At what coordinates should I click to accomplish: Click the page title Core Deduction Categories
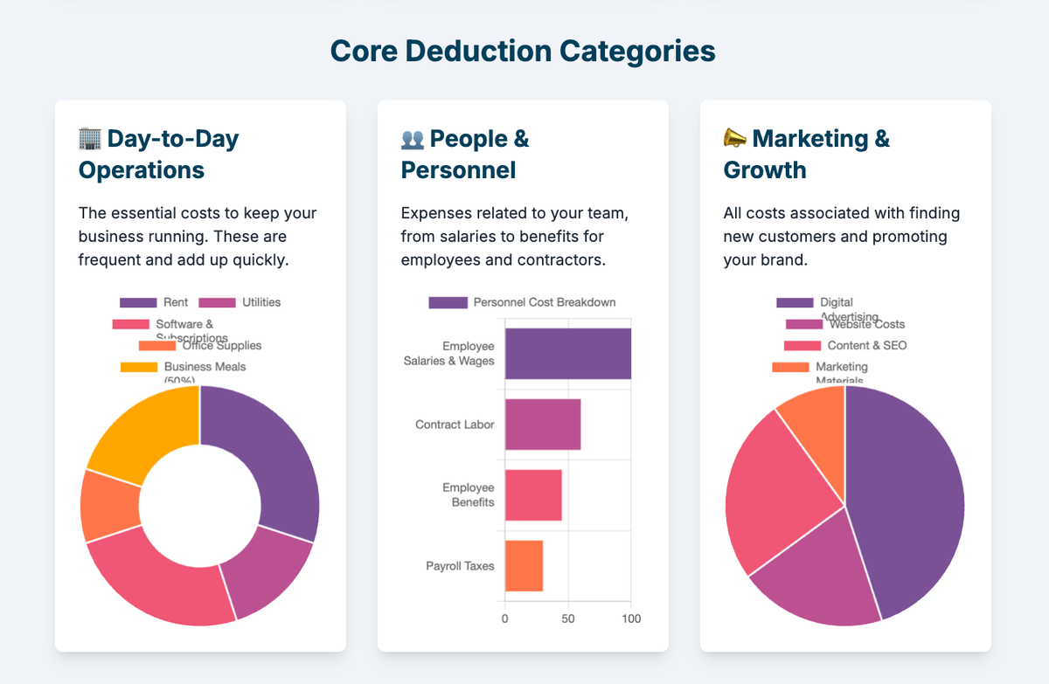[x=523, y=52]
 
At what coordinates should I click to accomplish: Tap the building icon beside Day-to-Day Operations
[x=90, y=138]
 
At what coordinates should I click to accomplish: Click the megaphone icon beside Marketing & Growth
[x=735, y=138]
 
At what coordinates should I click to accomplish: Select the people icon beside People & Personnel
[x=412, y=139]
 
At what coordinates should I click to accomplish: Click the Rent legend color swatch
[x=137, y=303]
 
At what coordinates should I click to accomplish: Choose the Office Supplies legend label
[x=221, y=346]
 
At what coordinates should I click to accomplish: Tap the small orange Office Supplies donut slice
[x=108, y=505]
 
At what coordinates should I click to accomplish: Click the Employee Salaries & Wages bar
[x=567, y=354]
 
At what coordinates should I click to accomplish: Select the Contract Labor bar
[x=542, y=425]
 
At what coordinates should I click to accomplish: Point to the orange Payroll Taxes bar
[x=524, y=566]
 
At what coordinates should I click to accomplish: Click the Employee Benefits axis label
[x=468, y=494]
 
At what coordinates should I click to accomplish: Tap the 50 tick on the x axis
[x=568, y=618]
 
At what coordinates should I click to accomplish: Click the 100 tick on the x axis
[x=630, y=618]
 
